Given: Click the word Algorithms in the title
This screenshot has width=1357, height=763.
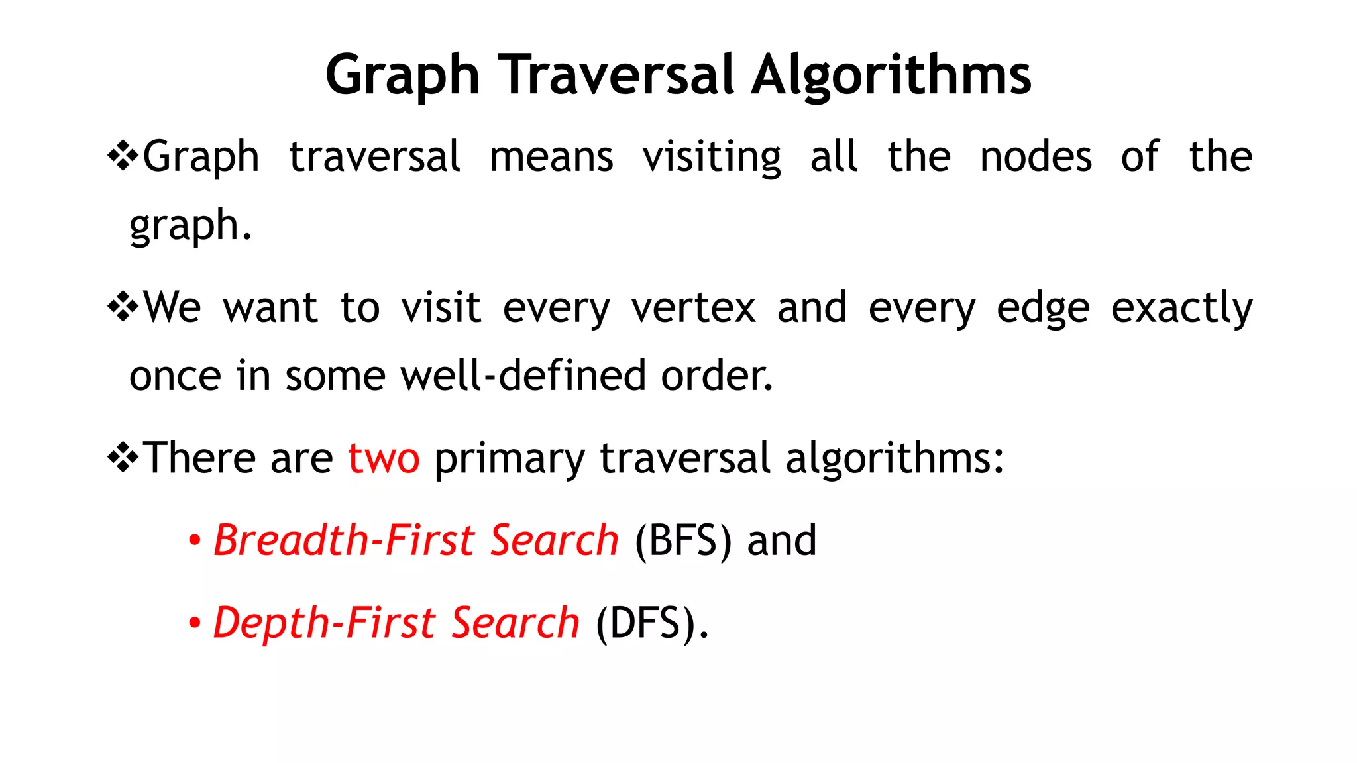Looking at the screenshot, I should [x=891, y=76].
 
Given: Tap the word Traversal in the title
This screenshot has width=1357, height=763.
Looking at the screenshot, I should [x=616, y=74].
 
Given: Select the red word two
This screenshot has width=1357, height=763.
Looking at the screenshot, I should [x=384, y=458].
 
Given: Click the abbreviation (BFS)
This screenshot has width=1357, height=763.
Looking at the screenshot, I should [x=683, y=540].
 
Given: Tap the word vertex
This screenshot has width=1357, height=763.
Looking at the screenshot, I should [x=693, y=308].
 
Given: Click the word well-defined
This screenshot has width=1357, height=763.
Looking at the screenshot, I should [x=523, y=376].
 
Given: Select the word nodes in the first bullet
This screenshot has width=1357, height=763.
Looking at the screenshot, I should [x=1036, y=157].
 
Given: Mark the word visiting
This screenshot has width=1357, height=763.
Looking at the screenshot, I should [x=712, y=158].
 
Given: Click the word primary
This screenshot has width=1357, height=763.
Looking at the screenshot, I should [x=510, y=459].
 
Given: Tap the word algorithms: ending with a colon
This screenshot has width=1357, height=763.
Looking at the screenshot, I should [x=895, y=459].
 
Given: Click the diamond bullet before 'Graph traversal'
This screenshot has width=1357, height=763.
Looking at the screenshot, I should [x=123, y=157].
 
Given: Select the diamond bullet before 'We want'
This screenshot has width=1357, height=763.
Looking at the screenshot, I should [x=123, y=307].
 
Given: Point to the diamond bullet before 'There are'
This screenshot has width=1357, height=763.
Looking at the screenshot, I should [x=123, y=458].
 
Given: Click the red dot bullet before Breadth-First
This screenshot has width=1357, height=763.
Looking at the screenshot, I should [x=194, y=540].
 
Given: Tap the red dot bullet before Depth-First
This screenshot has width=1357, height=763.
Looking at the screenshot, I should [x=194, y=623].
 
